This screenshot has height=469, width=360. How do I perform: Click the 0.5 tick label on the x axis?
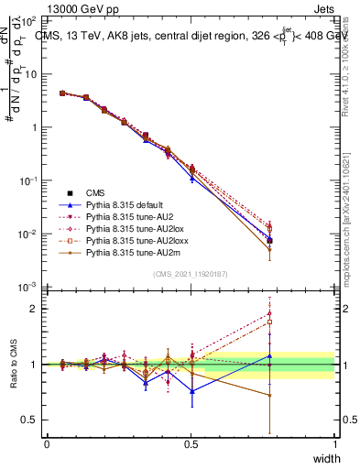[x=191, y=444]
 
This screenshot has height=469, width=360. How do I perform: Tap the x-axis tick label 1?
[x=334, y=444]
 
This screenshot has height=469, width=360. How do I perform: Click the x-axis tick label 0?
[x=47, y=444]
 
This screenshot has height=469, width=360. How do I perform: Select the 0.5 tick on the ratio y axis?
[x=33, y=420]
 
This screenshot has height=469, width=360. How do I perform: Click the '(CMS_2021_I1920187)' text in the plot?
[x=191, y=274]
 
